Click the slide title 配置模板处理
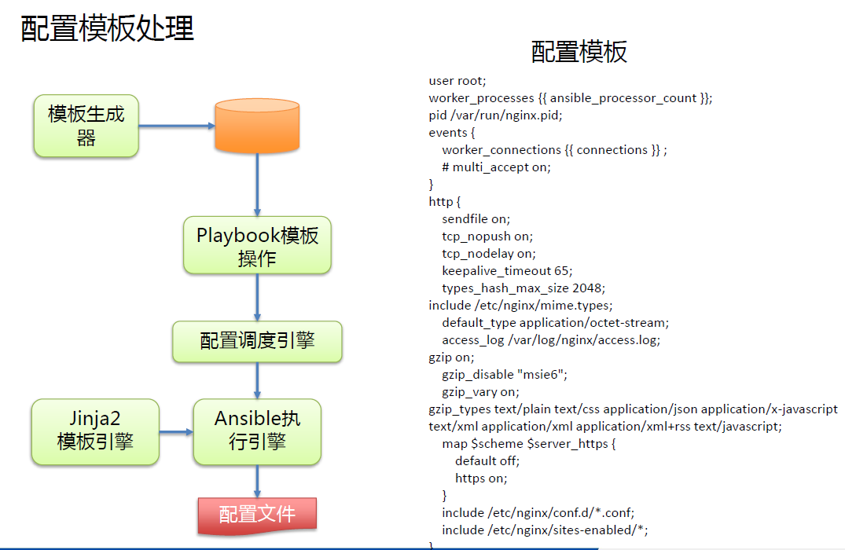tap(108, 28)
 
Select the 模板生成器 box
tap(86, 126)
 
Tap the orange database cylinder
tap(257, 124)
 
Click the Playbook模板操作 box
tap(257, 247)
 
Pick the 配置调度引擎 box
tap(257, 341)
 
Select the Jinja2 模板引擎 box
tap(95, 431)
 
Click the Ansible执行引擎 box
tap(257, 431)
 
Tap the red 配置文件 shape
tap(257, 515)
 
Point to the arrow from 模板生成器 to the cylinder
tap(176, 126)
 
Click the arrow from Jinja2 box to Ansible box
tap(176, 431)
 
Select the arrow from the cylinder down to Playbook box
tap(257, 184)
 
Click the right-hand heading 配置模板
tap(579, 52)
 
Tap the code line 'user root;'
tap(457, 81)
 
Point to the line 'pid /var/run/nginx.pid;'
tap(495, 115)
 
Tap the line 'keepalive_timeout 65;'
tap(507, 270)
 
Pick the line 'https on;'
tap(481, 478)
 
